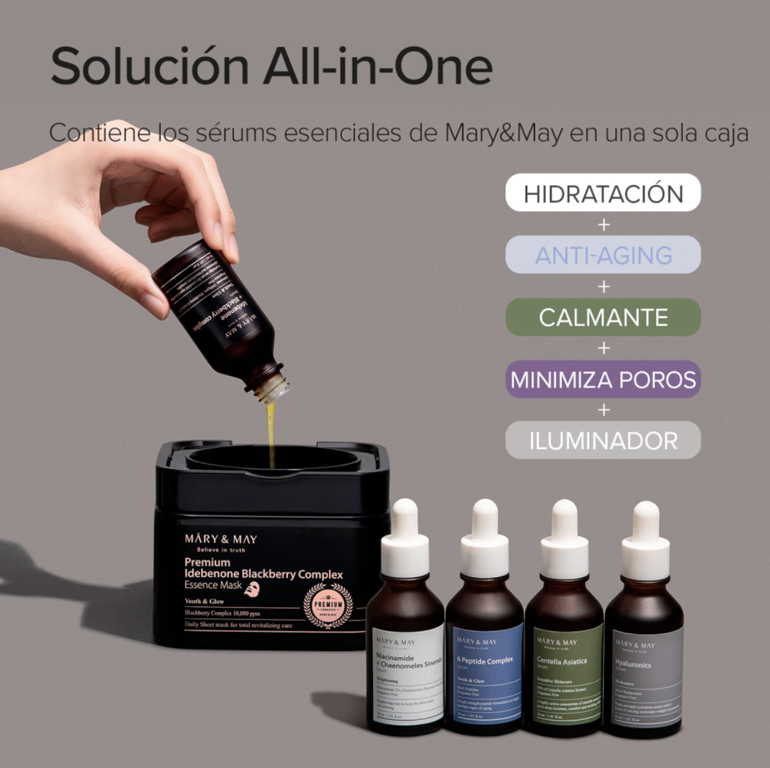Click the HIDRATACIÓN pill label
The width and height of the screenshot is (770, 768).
pyautogui.click(x=603, y=193)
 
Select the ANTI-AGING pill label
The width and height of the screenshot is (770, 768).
pyautogui.click(x=603, y=255)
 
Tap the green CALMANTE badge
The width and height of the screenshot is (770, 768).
pyautogui.click(x=603, y=317)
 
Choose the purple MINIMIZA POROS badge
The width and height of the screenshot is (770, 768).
pyautogui.click(x=603, y=379)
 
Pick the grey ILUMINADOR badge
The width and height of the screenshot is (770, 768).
pyautogui.click(x=603, y=441)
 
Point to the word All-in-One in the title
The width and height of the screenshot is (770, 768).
pyautogui.click(x=377, y=67)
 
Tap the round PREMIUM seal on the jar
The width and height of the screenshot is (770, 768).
pyautogui.click(x=328, y=605)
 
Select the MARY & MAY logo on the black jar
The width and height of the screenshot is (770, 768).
pyautogui.click(x=221, y=539)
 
